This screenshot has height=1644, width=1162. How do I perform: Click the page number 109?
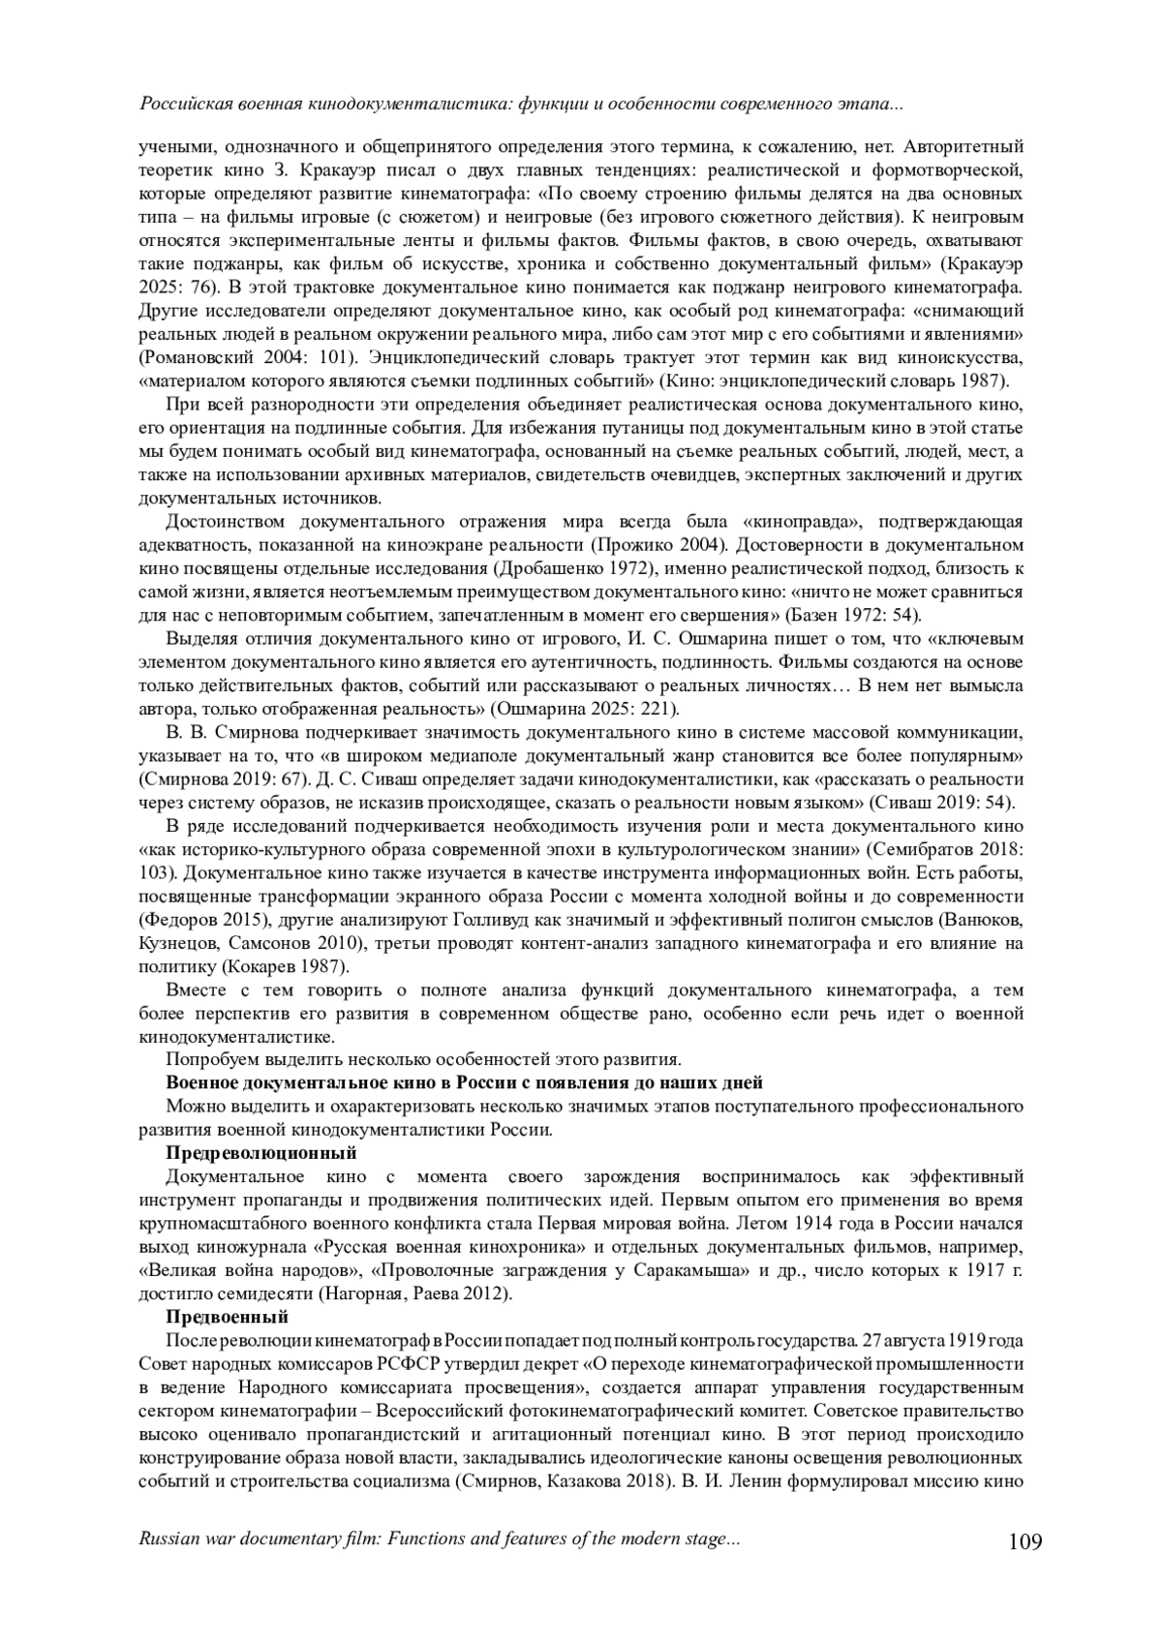coord(1024,1540)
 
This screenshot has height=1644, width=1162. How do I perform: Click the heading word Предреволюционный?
coord(261,1153)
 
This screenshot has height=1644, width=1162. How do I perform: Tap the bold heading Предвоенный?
coord(228,1317)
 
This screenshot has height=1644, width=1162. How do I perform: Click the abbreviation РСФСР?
coord(385,1363)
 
